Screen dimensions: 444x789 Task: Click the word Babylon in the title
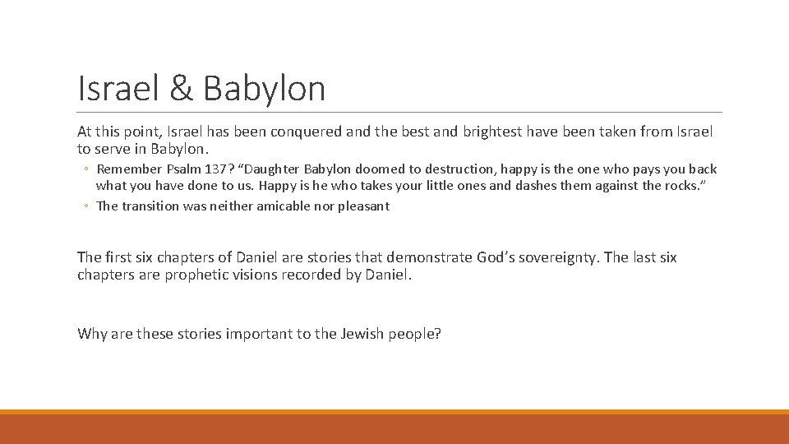(264, 89)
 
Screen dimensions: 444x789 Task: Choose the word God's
(495, 257)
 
